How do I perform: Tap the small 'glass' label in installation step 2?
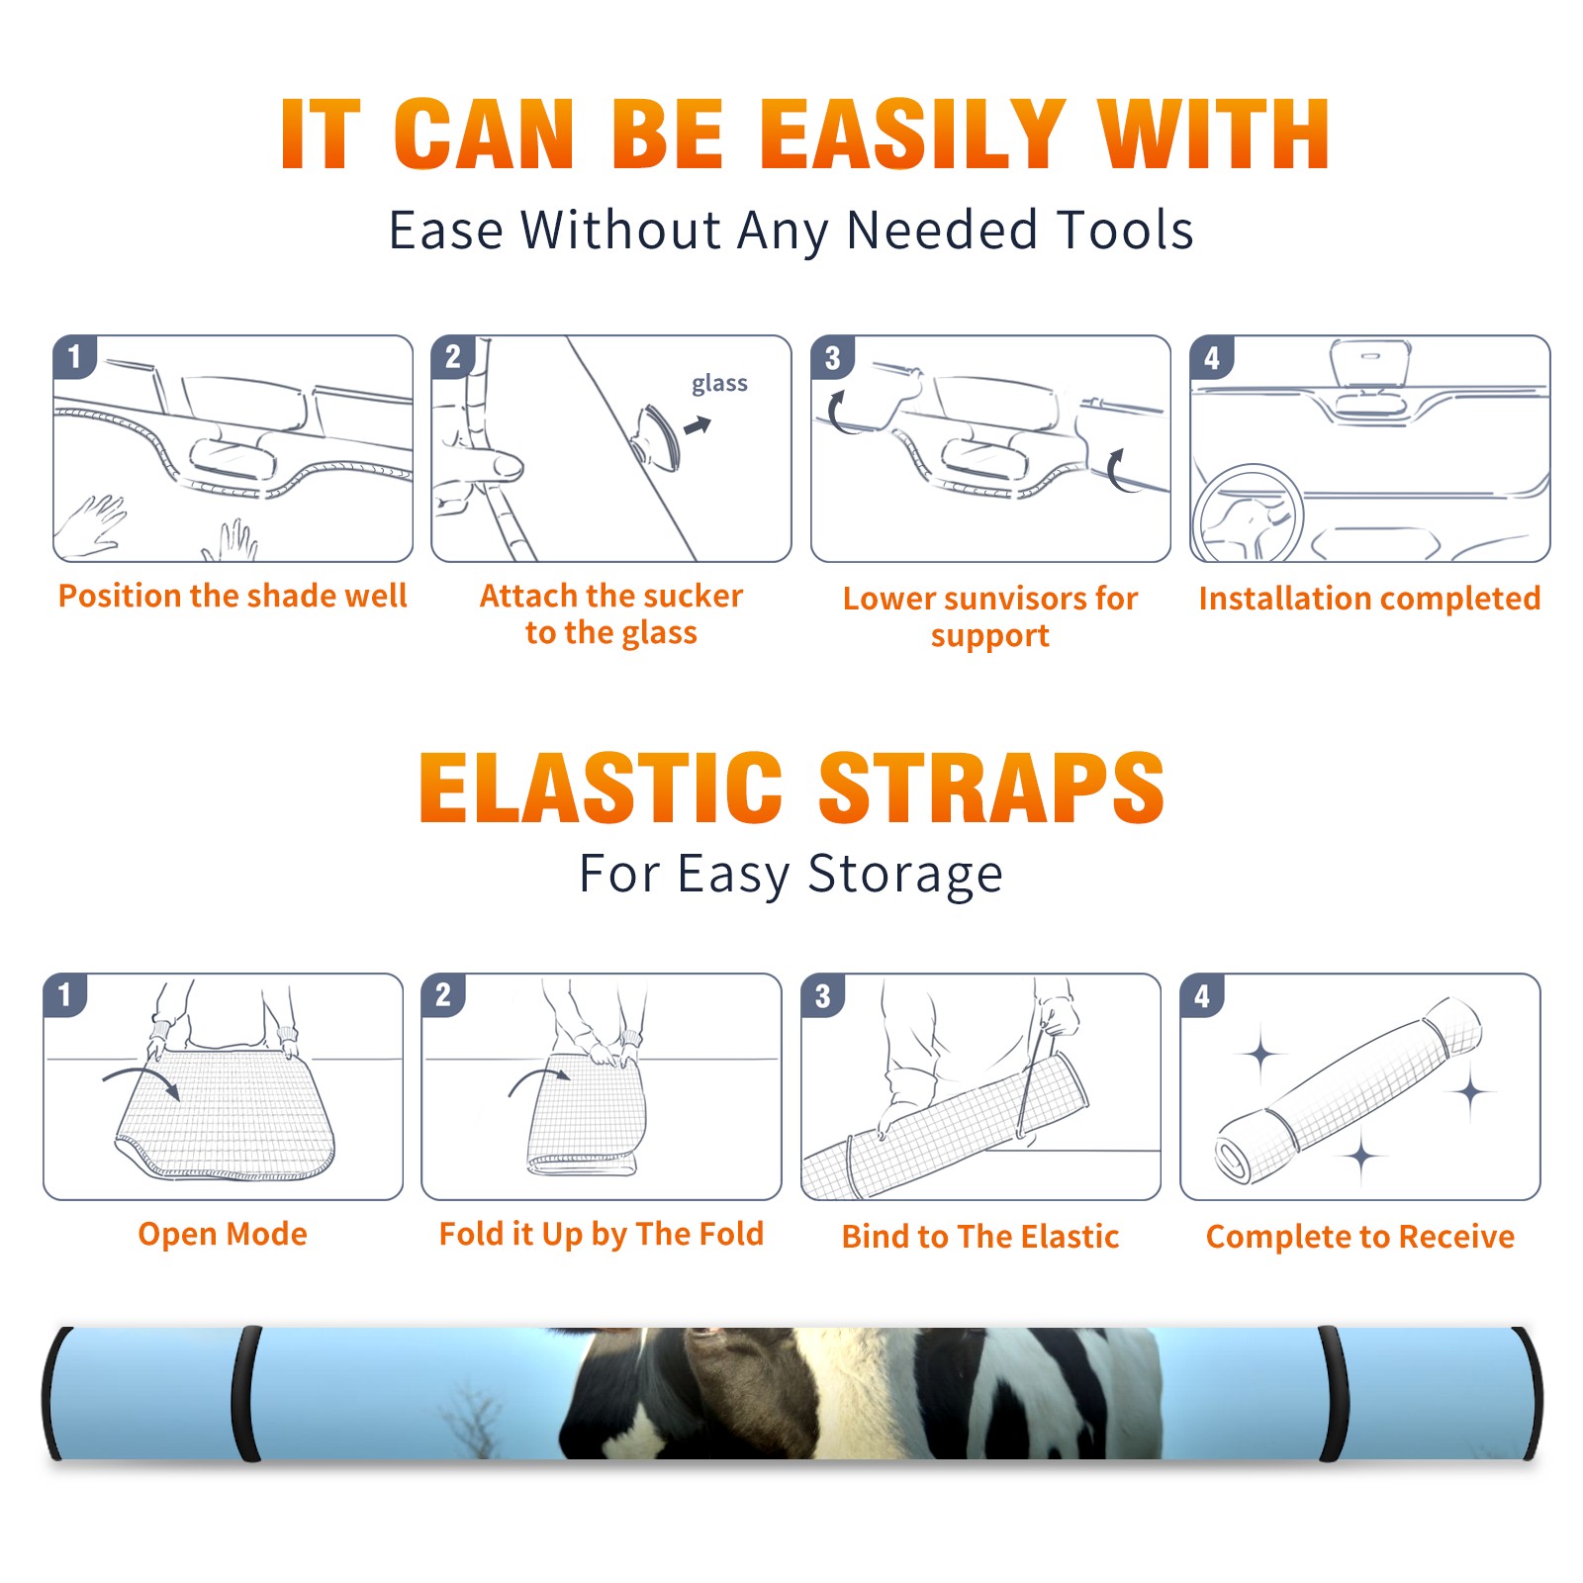[x=719, y=384]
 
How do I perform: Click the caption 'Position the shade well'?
[x=233, y=596]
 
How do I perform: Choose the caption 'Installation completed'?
[x=1369, y=599]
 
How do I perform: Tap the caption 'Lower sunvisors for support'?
[x=990, y=615]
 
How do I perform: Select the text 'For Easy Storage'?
[x=791, y=874]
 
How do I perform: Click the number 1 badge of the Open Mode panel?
[x=65, y=994]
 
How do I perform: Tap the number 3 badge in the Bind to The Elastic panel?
[x=823, y=995]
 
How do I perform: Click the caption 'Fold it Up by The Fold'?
[x=602, y=1234]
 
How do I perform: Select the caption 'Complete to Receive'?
[x=1360, y=1237]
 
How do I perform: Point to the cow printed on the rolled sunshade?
[x=861, y=1393]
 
